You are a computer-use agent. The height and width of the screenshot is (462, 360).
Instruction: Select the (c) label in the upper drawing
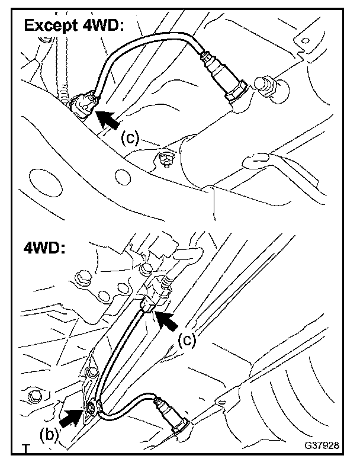[x=130, y=138]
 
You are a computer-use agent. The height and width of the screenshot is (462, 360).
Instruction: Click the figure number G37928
[x=323, y=444]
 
